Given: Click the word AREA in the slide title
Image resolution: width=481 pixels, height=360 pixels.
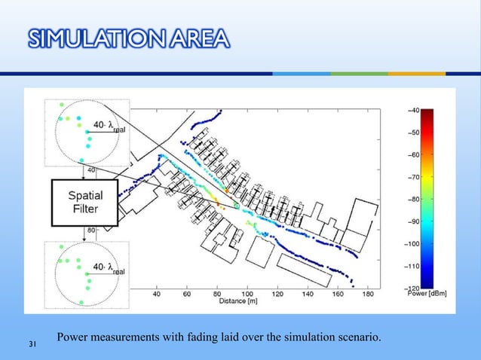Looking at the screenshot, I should coord(199,38).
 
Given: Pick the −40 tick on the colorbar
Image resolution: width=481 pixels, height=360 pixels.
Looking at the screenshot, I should coord(415,110).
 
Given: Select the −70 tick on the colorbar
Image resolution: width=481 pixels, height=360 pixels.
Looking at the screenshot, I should coord(415,177).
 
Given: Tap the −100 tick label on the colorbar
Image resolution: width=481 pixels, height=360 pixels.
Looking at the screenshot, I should coord(415,244).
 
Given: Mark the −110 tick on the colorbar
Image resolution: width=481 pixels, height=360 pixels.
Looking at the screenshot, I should coord(415,267).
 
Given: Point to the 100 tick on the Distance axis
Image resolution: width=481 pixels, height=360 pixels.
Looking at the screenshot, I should coord(247,294).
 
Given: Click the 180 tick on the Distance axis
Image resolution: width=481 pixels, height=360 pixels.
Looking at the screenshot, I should coord(367,294).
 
